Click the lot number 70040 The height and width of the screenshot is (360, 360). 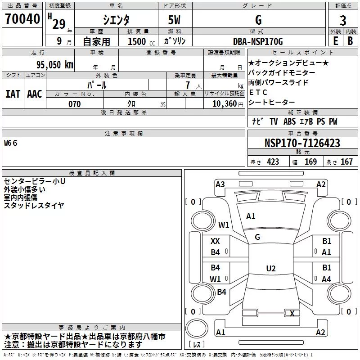[22, 19]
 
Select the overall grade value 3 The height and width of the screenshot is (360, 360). [343, 21]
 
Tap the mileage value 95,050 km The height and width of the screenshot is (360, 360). [55, 65]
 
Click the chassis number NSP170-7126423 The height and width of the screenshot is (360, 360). [302, 143]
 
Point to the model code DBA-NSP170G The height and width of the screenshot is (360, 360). [258, 41]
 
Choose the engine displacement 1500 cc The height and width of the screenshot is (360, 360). [141, 41]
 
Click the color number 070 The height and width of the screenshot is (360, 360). [75, 104]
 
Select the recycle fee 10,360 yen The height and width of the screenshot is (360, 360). [228, 104]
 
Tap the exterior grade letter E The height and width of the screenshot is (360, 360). [336, 41]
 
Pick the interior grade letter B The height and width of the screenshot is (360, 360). [351, 41]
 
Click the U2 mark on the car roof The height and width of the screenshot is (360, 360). [271, 268]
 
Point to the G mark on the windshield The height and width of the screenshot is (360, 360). [257, 237]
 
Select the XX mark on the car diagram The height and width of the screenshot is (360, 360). [215, 241]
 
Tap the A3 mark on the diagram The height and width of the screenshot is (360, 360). [220, 184]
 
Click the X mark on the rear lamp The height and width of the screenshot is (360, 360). [292, 313]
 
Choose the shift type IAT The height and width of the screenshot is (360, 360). [13, 94]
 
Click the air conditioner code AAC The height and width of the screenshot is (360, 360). [35, 94]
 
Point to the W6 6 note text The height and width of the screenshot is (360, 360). [11, 143]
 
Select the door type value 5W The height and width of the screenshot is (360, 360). [174, 20]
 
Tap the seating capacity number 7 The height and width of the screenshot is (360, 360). [188, 85]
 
